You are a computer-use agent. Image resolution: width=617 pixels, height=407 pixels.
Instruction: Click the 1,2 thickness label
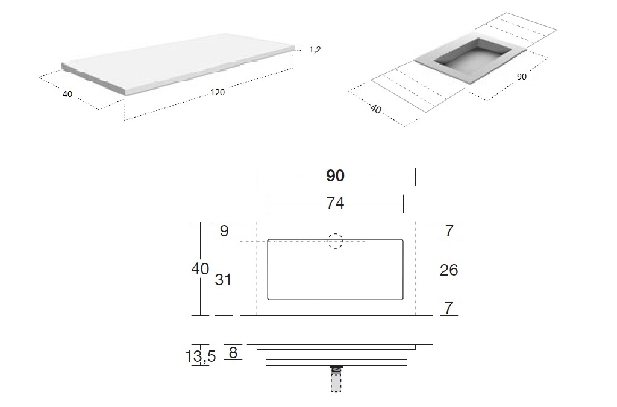click(x=315, y=49)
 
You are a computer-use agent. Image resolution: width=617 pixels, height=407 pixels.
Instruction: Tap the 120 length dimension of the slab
click(x=218, y=92)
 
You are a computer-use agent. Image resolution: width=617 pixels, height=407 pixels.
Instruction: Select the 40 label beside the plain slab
click(x=67, y=95)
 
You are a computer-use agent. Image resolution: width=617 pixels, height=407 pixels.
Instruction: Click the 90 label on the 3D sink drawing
click(x=521, y=77)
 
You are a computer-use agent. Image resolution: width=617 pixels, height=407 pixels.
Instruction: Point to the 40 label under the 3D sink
click(x=376, y=109)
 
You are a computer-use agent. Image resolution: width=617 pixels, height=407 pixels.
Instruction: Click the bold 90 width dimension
click(x=335, y=175)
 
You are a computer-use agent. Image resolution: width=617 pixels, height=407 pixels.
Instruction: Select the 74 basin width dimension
click(x=335, y=203)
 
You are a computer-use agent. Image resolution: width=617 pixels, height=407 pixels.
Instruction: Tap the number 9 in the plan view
click(x=224, y=231)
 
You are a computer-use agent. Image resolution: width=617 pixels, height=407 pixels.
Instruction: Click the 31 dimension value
click(x=223, y=280)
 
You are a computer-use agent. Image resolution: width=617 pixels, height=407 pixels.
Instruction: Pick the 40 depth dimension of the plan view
click(x=200, y=269)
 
